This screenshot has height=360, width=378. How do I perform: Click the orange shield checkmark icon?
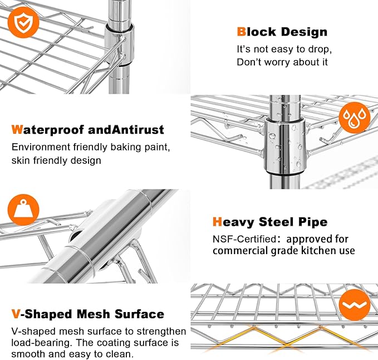click(x=23, y=22)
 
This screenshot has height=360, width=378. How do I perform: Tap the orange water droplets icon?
click(x=355, y=118)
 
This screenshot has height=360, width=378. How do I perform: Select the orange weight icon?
click(x=23, y=210)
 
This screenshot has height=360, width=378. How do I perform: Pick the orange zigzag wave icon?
click(x=355, y=305)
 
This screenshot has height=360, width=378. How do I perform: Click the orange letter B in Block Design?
click(x=241, y=32)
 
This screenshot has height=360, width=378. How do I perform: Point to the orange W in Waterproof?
click(x=17, y=130)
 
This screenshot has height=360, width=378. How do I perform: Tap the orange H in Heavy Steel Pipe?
click(x=217, y=221)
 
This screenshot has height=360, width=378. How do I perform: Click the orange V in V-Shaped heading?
click(x=16, y=314)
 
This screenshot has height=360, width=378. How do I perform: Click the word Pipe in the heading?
click(x=313, y=222)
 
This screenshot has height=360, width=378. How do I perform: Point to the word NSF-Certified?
click(x=244, y=239)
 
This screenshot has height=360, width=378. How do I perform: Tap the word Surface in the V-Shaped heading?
click(x=139, y=314)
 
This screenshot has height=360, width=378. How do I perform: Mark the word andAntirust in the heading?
click(x=126, y=130)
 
